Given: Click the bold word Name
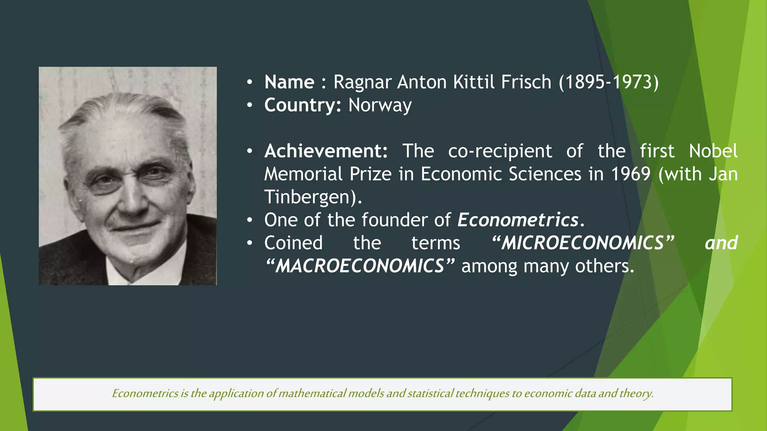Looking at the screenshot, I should pos(289,82).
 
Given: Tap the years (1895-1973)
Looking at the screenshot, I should pos(609,82).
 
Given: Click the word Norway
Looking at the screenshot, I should pos(380,106).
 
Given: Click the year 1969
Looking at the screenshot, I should pos(631,174).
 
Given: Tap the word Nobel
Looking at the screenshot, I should pos(713,151).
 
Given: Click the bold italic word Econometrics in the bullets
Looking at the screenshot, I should pos(518,220).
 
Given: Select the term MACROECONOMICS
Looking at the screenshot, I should pos(360,266).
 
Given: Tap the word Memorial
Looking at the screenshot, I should pos(303,174).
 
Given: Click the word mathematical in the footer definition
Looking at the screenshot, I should pos(312,394).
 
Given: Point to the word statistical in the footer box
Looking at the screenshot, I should pos(430,394).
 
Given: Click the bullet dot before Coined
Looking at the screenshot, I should pos(250,244).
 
